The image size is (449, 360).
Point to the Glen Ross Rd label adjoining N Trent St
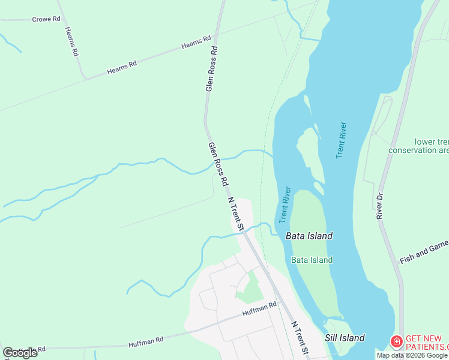coord(218,163)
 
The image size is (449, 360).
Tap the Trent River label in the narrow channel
coord(285,205)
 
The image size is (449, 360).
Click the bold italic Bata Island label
coord(309,236)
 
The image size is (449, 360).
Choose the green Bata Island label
coord(312,260)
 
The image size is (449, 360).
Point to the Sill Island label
coord(345,338)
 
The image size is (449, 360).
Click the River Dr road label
coord(379,206)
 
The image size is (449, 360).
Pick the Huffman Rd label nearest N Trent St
coord(259,310)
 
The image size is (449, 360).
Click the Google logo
coord(20,352)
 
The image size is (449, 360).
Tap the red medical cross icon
coord(396,343)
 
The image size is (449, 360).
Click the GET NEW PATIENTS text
coord(427,343)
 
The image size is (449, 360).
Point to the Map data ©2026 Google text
coord(412,355)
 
